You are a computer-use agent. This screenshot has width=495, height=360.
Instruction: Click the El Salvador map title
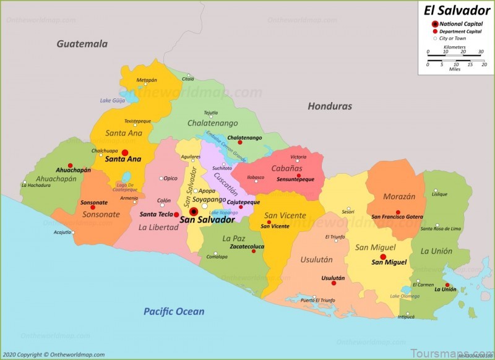457,10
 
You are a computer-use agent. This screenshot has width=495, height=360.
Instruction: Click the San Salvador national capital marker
194,211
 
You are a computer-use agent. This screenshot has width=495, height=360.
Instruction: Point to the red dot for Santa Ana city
124,152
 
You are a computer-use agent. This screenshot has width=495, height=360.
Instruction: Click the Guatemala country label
82,44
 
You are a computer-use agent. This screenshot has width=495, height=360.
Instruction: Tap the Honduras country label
330,106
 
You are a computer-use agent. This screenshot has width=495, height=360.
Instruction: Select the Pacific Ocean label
174,312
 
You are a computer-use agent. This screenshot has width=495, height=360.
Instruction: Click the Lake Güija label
112,100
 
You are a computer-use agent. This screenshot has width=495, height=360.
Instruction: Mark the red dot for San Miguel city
383,257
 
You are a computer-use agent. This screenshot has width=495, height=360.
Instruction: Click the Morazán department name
399,197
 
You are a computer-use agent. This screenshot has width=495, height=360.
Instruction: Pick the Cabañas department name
286,168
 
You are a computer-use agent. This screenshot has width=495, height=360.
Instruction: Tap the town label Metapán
147,80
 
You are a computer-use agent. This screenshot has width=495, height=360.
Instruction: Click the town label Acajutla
62,232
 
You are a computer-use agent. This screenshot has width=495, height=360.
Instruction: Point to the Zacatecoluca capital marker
253,251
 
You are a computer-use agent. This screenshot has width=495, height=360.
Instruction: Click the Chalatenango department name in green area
212,123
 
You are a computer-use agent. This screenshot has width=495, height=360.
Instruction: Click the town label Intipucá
406,316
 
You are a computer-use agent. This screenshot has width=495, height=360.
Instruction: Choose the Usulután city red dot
334,283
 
